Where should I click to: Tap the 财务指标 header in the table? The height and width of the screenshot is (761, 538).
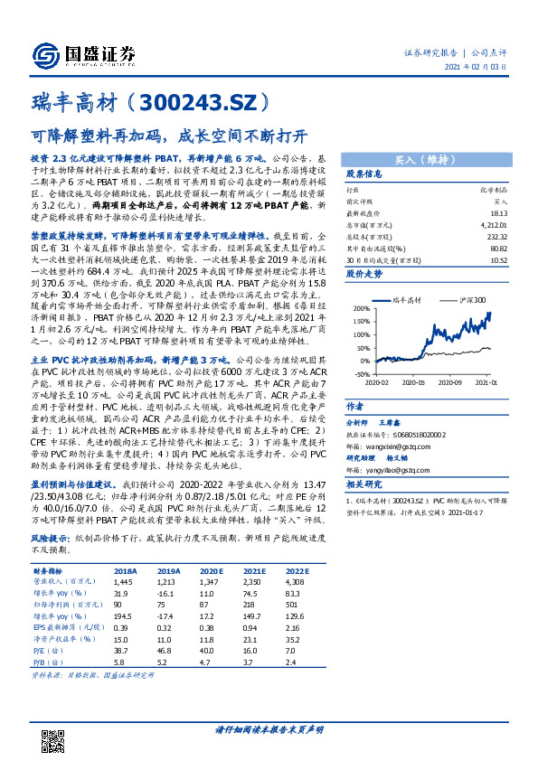click(49, 571)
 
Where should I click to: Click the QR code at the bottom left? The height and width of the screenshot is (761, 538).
click(55, 741)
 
